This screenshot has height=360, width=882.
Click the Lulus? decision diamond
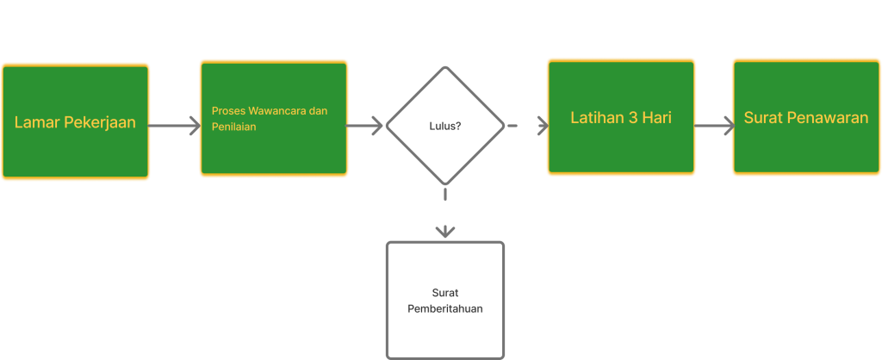tap(444, 126)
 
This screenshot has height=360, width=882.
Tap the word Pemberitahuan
tap(444, 308)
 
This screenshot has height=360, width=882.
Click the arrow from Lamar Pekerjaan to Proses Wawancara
tap(175, 126)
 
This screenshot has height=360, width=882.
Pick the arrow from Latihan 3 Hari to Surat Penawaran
tap(713, 126)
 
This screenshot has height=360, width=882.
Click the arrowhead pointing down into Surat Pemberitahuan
tap(444, 232)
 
